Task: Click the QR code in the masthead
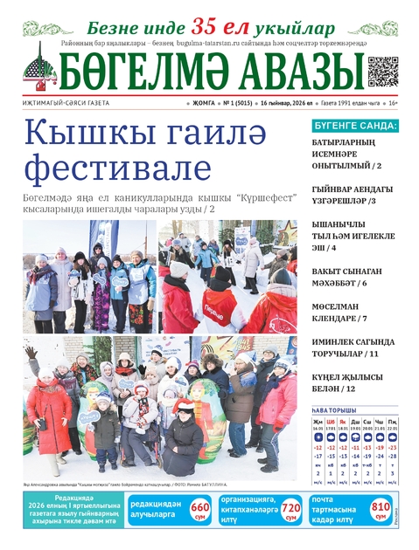pos(382,71)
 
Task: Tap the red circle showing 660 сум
pos(199,508)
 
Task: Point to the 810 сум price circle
pos(381,508)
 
